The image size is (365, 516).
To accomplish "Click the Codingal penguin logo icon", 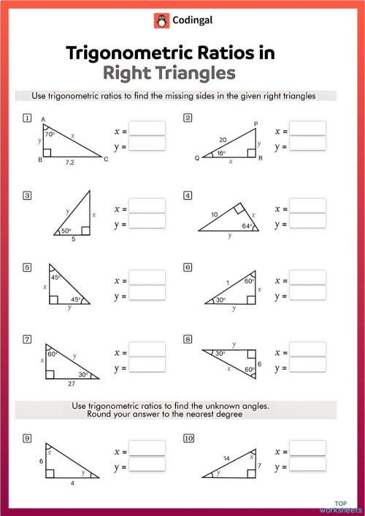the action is [161, 21].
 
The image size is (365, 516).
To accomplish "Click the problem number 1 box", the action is [27, 118].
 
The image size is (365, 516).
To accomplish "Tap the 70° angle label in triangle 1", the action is [50, 135].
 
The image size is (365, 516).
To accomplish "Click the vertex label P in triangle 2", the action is [255, 124].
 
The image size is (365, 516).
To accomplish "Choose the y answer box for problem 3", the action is [146, 222].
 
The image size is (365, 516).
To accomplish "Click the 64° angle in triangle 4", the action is [247, 227].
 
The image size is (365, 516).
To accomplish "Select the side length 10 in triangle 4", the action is [214, 214].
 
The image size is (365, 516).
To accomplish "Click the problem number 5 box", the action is [27, 267].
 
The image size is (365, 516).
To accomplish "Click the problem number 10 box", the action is [189, 439].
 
